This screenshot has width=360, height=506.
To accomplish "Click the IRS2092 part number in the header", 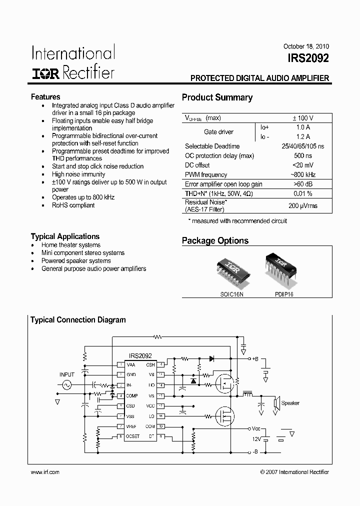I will coord(308,59).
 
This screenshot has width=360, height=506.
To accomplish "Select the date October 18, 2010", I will coord(306,46).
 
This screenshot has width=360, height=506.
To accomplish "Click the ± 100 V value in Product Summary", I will coord(303,118).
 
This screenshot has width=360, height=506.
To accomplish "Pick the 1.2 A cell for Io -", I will coord(303,136).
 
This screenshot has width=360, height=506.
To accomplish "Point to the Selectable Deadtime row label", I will coord(212,146).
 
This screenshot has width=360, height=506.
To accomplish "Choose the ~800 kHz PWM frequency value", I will coord(303,175).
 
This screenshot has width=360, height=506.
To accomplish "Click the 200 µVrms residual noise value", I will coord(303,205).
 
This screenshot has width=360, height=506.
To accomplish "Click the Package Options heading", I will coord(215,241).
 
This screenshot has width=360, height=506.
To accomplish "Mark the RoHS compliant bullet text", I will coord(73,205).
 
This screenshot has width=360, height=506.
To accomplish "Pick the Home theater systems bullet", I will coord(71,245).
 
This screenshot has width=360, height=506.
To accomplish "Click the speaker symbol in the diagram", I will coord(276,403).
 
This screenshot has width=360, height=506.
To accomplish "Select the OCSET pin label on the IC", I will coord(133,436).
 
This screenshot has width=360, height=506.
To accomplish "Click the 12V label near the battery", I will coord(256,438).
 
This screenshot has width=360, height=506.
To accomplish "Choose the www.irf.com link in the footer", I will coord(45,472).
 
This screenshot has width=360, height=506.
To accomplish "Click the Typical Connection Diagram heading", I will coord(78,320).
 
